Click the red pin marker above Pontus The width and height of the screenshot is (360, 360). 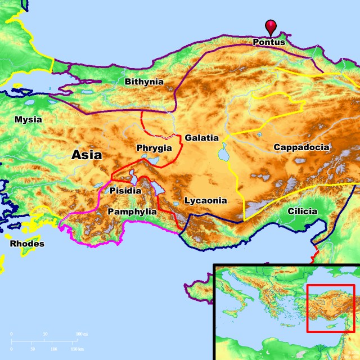272,26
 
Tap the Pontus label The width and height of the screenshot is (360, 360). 269,42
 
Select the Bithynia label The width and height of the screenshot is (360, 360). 144,82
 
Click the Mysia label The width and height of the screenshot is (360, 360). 28,119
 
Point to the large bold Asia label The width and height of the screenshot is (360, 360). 87,156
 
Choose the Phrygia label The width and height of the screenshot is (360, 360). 154,148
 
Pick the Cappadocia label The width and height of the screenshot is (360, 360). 301,147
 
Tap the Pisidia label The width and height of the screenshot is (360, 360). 126,191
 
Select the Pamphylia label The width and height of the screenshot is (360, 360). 132,211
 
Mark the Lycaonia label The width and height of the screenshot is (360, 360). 205,200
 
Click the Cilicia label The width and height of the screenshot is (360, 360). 302,211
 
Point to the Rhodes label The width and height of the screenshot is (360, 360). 27,244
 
